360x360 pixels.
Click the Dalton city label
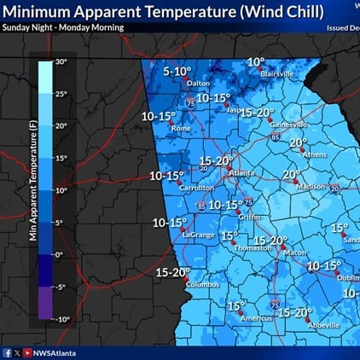pos(198,83)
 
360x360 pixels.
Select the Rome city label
pos(181,128)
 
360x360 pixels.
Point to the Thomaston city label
pos(253,247)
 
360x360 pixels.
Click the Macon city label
pos(294,253)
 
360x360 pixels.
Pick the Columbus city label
pos(202,284)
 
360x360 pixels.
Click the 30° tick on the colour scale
pos(61,61)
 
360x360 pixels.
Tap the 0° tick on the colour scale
pos(60,254)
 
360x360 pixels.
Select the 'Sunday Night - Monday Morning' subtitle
pos(62,27)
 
